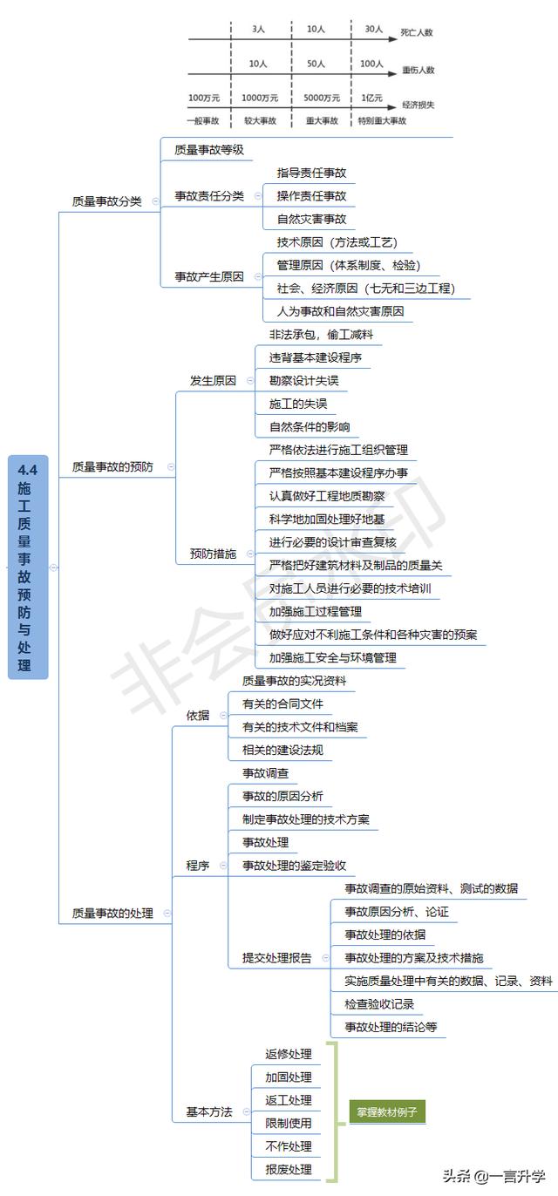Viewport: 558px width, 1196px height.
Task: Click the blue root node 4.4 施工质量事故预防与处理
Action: pos(28,567)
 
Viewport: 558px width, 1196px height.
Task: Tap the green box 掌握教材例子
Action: pos(387,1111)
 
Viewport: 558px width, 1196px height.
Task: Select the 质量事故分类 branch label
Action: pos(106,201)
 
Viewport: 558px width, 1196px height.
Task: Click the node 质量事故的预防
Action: pos(112,466)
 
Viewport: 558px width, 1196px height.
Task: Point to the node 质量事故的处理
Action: pos(112,913)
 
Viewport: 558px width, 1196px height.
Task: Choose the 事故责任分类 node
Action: pos(209,196)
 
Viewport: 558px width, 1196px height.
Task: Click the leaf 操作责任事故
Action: pos(311,196)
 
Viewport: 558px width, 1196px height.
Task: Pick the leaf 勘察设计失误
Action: pos(303,381)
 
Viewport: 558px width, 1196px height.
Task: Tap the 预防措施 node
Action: pos(213,554)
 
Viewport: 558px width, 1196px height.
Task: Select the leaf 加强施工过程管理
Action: pos(316,611)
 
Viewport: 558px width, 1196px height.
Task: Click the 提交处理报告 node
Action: pos(276,958)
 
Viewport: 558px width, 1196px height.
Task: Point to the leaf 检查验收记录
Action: pos(379,1004)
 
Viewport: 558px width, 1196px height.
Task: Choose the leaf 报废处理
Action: pos(289,1169)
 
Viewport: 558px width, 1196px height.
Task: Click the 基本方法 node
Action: pos(209,1111)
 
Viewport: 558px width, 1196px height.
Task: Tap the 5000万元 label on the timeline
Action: pos(322,98)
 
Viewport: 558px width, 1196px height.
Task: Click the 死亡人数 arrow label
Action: pos(417,32)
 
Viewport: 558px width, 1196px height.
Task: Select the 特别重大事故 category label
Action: pos(382,120)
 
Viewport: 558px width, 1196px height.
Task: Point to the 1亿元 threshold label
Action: pos(372,98)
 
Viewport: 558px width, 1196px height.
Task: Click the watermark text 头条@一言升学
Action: pos(494,1176)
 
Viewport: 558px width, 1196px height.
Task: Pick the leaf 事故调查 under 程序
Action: pos(265,773)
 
